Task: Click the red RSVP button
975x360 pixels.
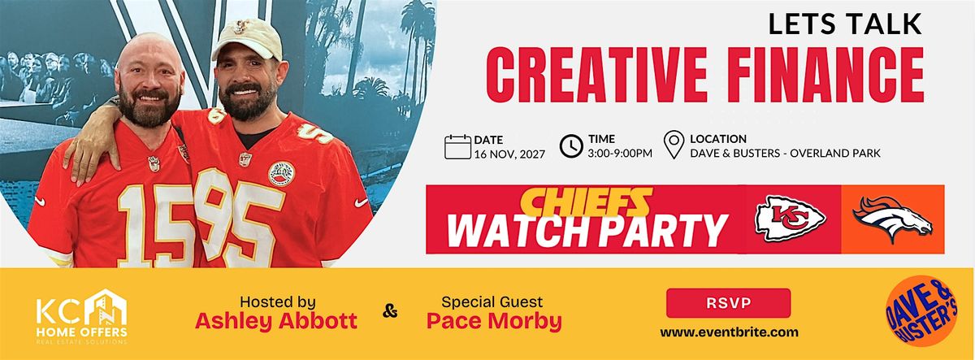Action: coord(728,303)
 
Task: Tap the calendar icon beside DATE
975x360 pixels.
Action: coord(457,146)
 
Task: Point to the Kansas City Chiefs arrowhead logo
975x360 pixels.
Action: coord(790,219)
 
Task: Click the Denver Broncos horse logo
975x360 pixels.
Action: coord(892,219)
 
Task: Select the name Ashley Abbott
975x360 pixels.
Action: coord(276,321)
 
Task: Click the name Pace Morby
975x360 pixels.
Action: coord(494,321)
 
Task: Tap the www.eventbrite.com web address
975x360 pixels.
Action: coord(728,332)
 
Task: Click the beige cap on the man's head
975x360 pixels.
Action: coord(246,39)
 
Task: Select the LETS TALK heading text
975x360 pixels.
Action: coord(846,24)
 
